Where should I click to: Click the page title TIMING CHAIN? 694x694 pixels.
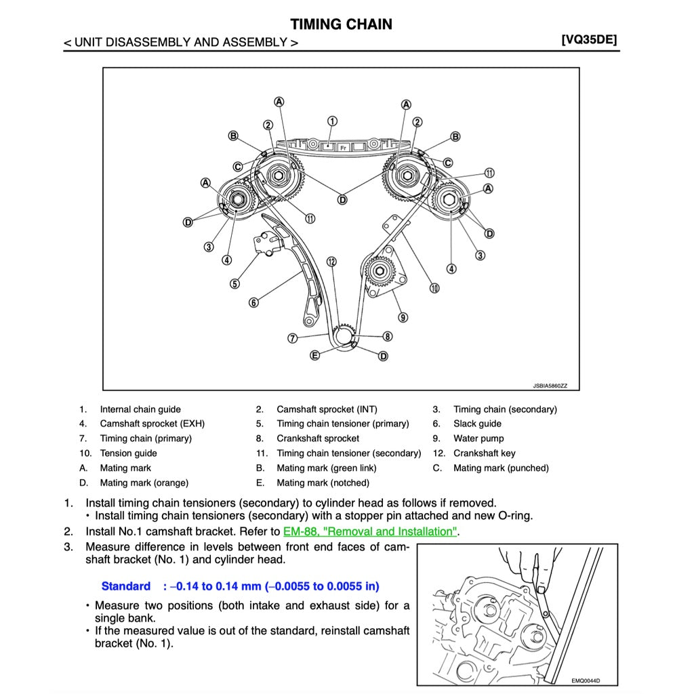(341, 24)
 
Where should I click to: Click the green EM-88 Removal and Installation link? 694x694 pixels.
(370, 531)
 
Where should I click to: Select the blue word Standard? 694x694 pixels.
(126, 586)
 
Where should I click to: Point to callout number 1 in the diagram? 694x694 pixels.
(332, 122)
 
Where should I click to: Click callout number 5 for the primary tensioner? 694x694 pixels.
(234, 284)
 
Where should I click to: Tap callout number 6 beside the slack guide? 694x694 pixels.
(253, 303)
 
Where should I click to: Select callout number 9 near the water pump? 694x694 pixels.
(403, 317)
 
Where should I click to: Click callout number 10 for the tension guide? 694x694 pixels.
(434, 288)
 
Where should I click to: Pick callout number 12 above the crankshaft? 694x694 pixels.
(331, 261)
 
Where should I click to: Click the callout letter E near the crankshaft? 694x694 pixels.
(314, 355)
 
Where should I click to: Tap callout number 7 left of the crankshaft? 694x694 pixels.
(292, 338)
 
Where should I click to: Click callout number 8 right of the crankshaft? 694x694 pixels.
(387, 336)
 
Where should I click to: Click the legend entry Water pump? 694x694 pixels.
(478, 438)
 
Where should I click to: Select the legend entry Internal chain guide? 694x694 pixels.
(140, 409)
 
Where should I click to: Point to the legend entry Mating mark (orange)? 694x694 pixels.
(144, 483)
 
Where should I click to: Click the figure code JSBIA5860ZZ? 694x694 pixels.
(550, 386)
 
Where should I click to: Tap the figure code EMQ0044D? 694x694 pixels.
(586, 681)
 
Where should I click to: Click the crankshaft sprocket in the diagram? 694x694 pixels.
(344, 335)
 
